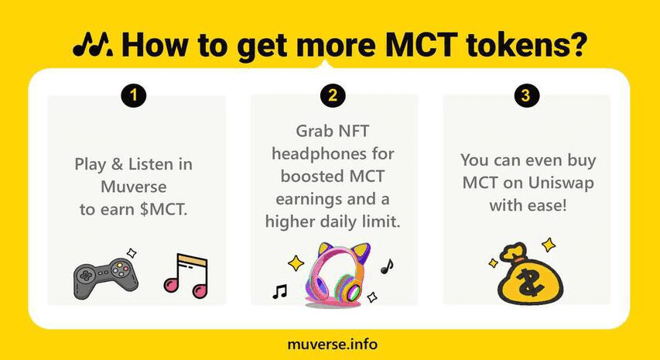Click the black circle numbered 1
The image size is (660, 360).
click(133, 95)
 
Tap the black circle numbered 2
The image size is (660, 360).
click(333, 95)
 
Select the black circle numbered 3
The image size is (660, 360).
click(527, 95)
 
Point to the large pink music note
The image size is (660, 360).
click(186, 276)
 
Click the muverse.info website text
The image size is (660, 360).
click(333, 344)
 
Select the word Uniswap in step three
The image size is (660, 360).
click(561, 183)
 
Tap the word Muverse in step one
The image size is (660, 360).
click(134, 187)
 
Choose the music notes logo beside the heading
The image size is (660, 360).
click(93, 45)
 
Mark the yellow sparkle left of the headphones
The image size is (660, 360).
click(296, 263)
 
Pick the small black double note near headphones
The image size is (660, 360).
click(279, 291)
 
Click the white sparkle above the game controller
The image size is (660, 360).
click(132, 253)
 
